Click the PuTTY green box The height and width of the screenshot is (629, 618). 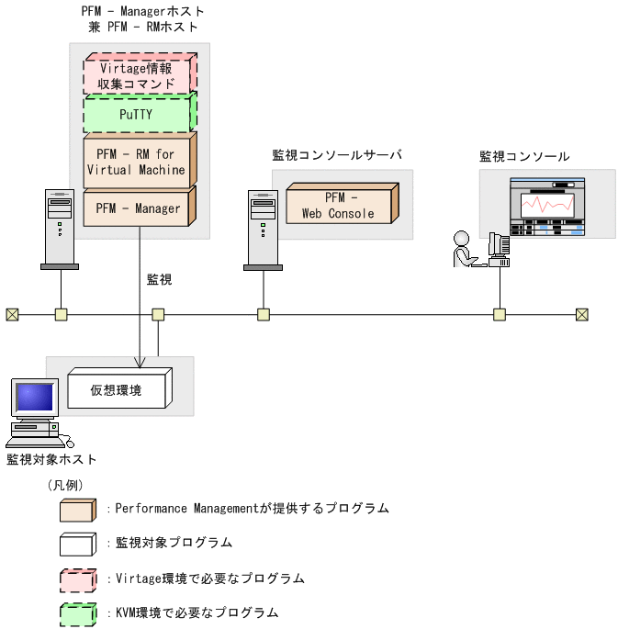coord(137,116)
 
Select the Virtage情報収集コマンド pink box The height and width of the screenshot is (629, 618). coord(137,75)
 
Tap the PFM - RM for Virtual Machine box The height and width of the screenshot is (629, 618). coord(137,162)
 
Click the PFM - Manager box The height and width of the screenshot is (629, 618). coord(137,208)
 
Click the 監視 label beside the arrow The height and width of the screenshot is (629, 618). coord(160,279)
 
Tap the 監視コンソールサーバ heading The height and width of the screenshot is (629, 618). coord(336,155)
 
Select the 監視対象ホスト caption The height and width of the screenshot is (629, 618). coord(51,458)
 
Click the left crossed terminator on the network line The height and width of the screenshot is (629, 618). coord(12,315)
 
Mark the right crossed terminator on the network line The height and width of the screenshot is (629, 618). coord(581,315)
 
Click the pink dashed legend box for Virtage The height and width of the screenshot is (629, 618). coord(78,579)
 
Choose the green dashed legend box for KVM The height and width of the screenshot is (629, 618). coord(78,612)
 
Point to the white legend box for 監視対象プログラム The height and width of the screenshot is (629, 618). coord(78,543)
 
